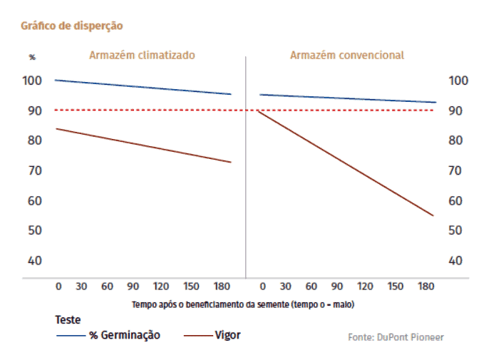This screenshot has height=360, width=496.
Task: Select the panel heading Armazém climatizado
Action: point(142,55)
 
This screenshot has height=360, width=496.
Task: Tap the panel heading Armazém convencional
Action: point(346,55)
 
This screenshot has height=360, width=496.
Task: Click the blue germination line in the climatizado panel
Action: point(143,87)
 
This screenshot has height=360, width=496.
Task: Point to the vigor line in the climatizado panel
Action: point(143,145)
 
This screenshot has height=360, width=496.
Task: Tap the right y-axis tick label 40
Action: point(456,260)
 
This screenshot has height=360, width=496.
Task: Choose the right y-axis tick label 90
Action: point(456,110)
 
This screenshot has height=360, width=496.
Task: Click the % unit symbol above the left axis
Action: point(31,57)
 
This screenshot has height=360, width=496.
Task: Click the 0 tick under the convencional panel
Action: point(262,286)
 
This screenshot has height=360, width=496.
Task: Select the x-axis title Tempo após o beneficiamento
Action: point(243,304)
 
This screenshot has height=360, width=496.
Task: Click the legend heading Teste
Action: point(68,320)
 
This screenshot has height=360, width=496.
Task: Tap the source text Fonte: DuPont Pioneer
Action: point(396,336)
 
